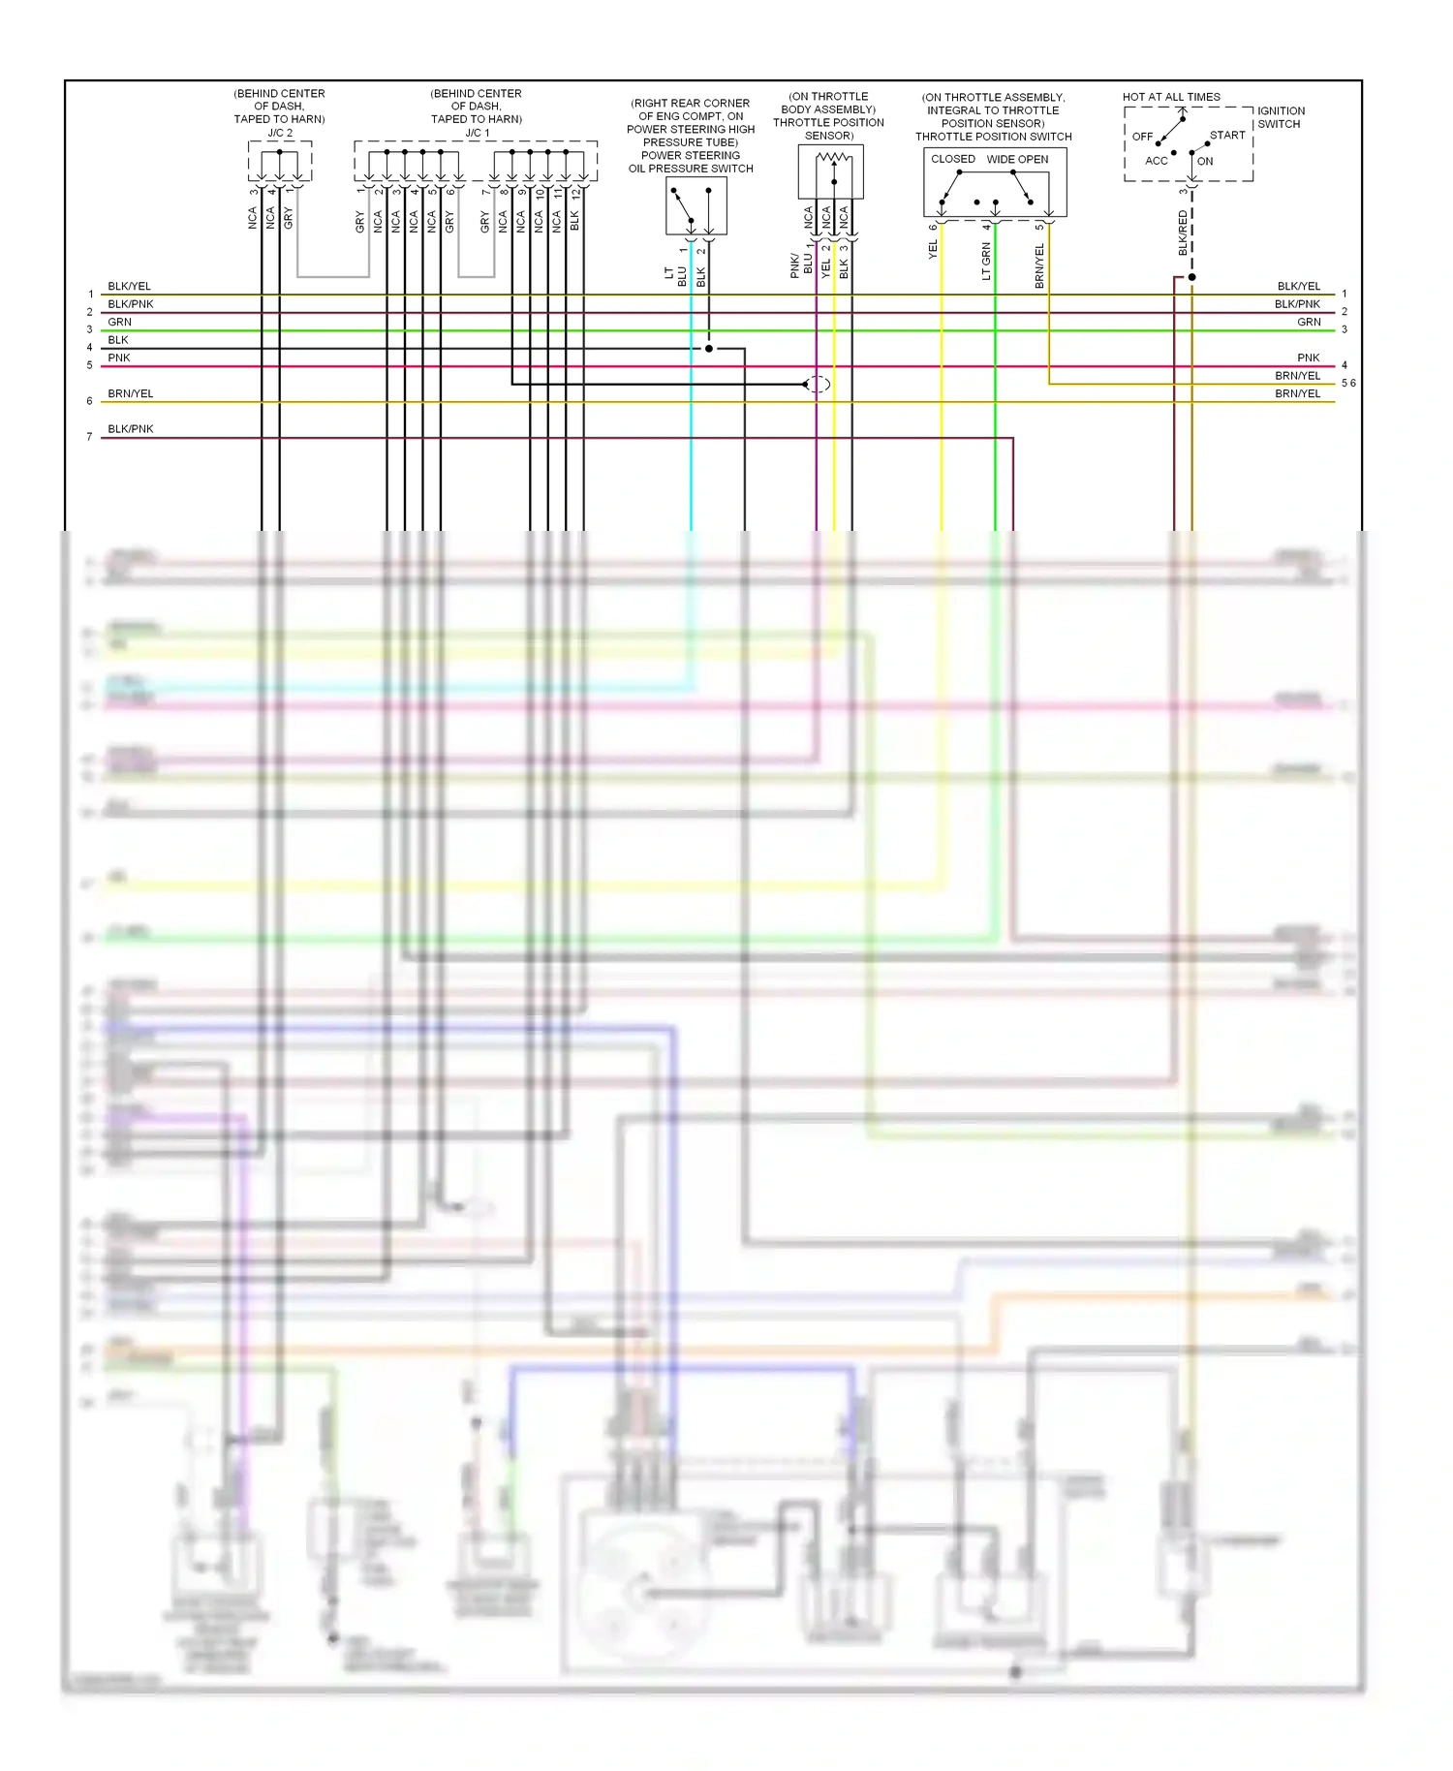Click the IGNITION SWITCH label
tap(1281, 117)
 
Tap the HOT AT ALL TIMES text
tap(1171, 97)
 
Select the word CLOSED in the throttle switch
tap(952, 159)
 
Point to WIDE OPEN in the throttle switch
tap(1017, 159)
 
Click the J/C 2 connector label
tap(280, 133)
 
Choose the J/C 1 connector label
tap(478, 133)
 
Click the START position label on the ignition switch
tap(1227, 136)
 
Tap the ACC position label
tap(1157, 161)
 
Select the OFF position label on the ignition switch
tap(1143, 137)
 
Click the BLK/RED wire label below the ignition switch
tap(1183, 233)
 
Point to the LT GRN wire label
tap(986, 262)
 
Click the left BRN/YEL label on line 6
tap(131, 393)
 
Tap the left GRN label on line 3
tap(119, 322)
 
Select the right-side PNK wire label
tap(1309, 357)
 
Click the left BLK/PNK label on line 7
tap(131, 428)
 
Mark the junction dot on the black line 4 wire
tap(709, 349)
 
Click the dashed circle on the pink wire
tap(818, 385)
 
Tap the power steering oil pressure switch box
tap(696, 206)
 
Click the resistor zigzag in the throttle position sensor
tap(834, 157)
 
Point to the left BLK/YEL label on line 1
tap(129, 286)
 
